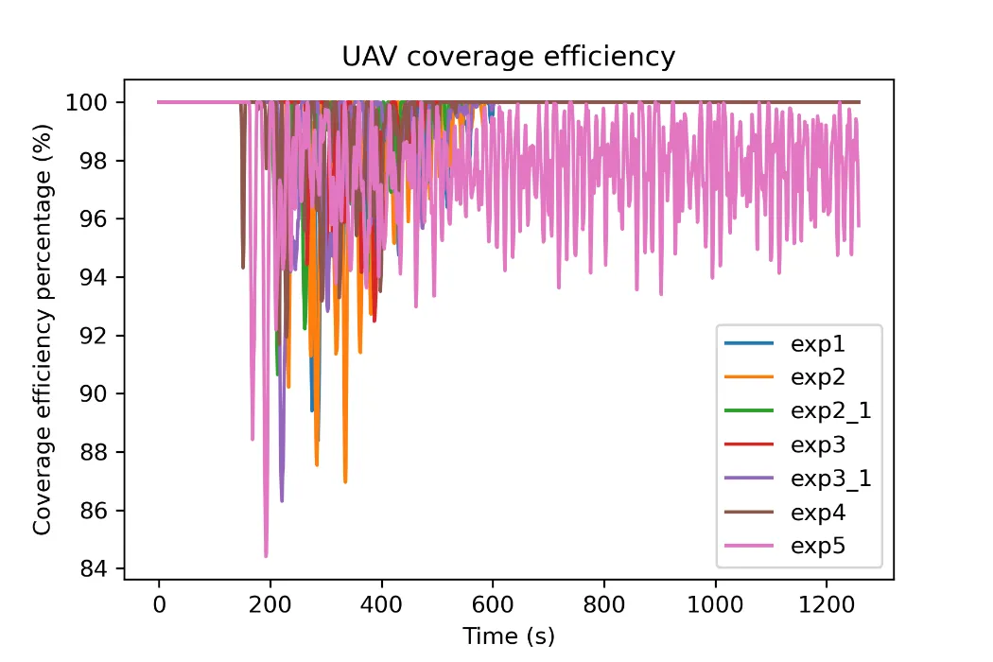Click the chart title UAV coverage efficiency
tap(509, 57)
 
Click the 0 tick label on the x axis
tap(159, 604)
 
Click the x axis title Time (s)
tap(509, 636)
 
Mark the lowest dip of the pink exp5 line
tap(266, 556)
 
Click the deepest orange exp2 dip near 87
tap(345, 482)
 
